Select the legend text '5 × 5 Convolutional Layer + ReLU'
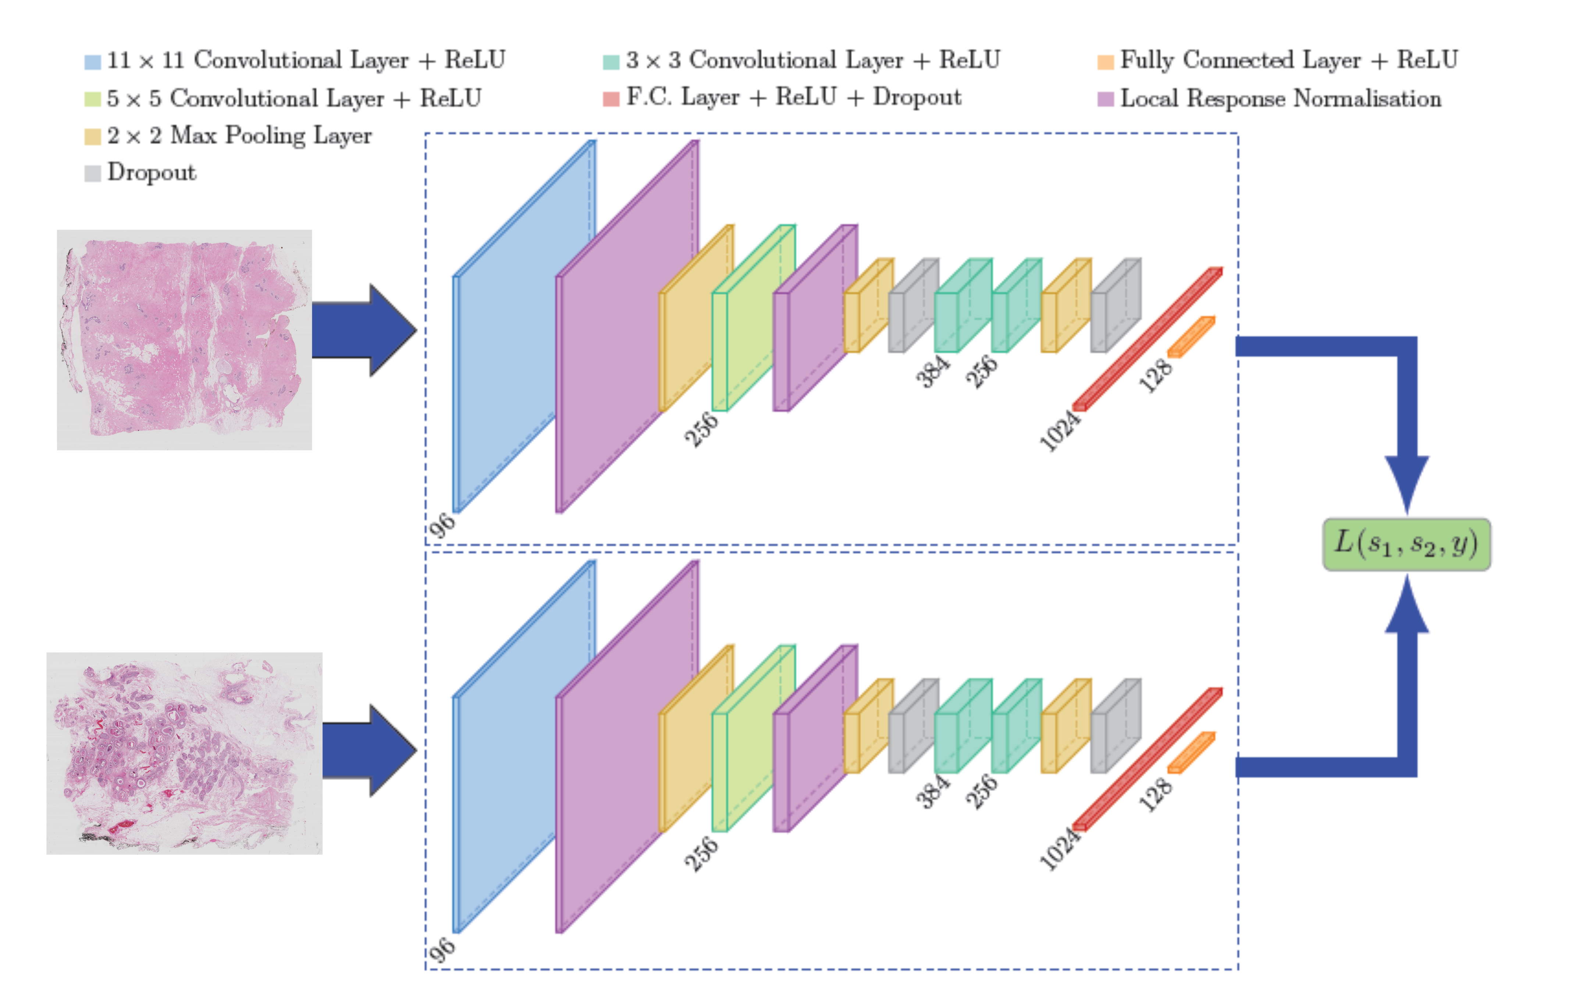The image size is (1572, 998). point(294,99)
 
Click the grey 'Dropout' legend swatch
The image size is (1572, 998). point(92,174)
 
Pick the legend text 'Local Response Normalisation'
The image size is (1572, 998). point(1280,99)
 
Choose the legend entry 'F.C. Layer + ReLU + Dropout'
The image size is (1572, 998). point(793,97)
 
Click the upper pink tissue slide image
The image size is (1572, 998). point(184,339)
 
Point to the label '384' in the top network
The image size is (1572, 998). point(931,371)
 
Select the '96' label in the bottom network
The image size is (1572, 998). point(442,950)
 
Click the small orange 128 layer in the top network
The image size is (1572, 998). point(1191,337)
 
